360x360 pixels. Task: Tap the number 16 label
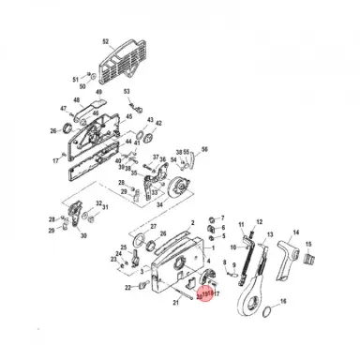pyautogui.click(x=284, y=302)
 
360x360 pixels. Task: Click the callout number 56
pyautogui.click(x=204, y=149)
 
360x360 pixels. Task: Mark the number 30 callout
pyautogui.click(x=84, y=236)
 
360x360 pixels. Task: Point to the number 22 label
pyautogui.click(x=128, y=289)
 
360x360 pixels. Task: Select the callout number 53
pyautogui.click(x=127, y=91)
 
